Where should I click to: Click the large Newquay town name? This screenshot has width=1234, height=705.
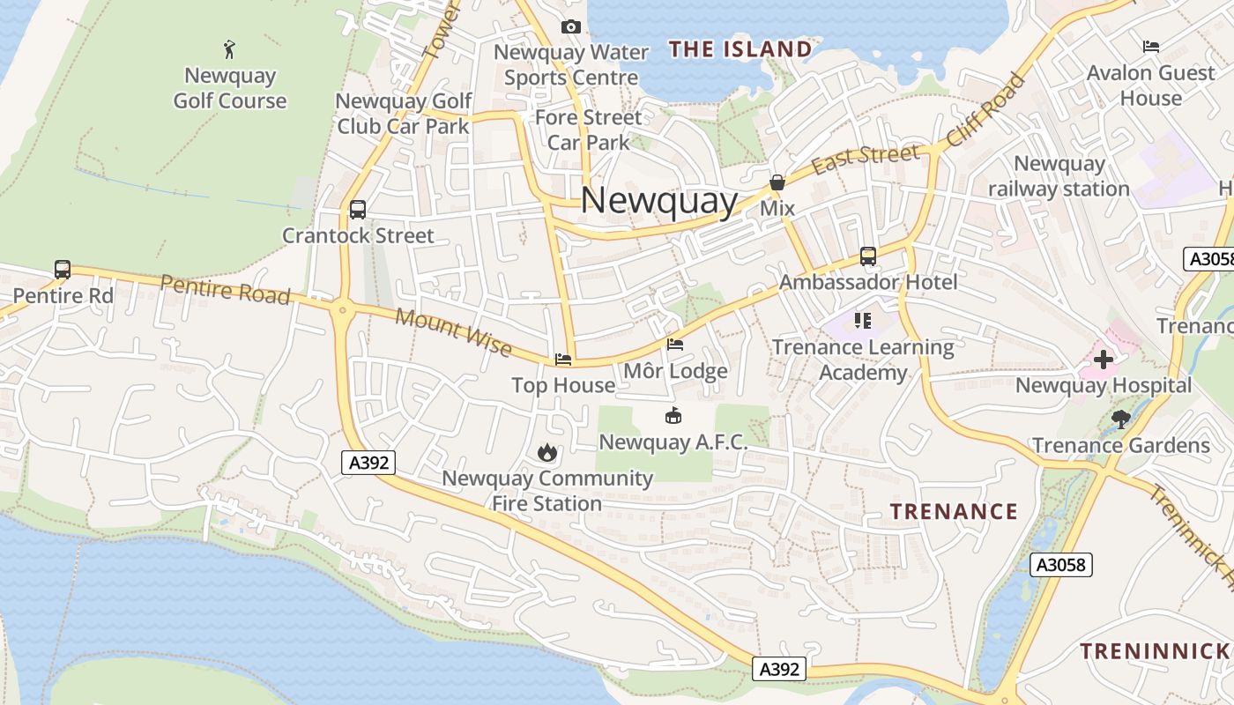tap(658, 201)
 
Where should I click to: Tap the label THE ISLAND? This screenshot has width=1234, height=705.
tap(740, 49)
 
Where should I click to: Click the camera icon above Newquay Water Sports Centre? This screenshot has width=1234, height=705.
tap(571, 27)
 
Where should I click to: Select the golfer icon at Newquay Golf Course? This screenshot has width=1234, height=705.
tap(230, 48)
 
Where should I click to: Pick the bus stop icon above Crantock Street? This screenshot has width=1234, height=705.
tap(357, 210)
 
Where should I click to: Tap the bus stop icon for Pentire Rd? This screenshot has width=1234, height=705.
tap(63, 270)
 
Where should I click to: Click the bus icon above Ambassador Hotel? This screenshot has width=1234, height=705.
tap(868, 256)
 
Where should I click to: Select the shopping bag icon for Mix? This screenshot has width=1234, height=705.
tap(777, 182)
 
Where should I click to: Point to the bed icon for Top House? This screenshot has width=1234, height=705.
tap(563, 360)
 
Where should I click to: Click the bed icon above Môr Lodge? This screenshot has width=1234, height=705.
tap(675, 345)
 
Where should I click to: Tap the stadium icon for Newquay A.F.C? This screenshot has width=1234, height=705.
tap(673, 415)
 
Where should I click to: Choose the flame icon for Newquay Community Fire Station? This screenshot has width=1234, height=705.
tap(547, 452)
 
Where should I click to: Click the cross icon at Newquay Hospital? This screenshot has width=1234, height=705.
tap(1103, 359)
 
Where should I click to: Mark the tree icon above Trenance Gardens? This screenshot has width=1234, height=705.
tap(1120, 419)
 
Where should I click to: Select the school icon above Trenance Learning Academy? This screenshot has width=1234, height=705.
tap(862, 321)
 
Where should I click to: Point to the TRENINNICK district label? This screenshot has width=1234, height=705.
tap(1154, 651)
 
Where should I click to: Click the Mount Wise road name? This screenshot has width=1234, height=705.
tap(453, 332)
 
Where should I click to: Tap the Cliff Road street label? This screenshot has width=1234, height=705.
tap(987, 109)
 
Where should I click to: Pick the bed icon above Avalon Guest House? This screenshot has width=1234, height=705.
tap(1150, 46)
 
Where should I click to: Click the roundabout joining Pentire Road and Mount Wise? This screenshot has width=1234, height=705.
tap(341, 309)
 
